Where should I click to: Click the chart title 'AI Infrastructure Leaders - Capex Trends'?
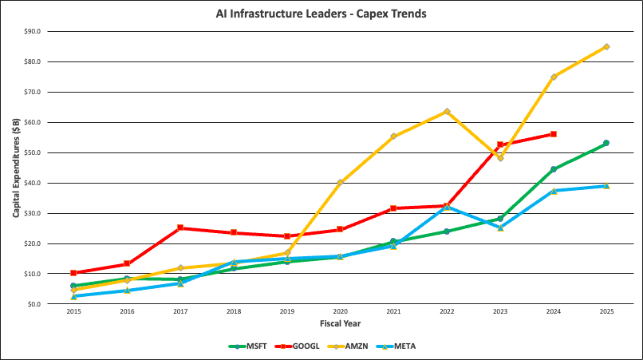pyautogui.click(x=321, y=14)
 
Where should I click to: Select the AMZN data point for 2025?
pyautogui.click(x=606, y=46)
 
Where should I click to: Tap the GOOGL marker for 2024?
pyautogui.click(x=553, y=134)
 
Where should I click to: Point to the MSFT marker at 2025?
pyautogui.click(x=606, y=143)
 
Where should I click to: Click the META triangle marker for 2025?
pyautogui.click(x=606, y=185)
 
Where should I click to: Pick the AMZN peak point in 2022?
pyautogui.click(x=447, y=111)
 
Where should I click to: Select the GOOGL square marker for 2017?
pyautogui.click(x=180, y=227)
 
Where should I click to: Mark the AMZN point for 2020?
pyautogui.click(x=340, y=182)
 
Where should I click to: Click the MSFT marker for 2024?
pyautogui.click(x=553, y=169)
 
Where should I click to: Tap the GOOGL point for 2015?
pyautogui.click(x=73, y=273)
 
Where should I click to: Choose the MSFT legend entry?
pyautogui.click(x=249, y=346)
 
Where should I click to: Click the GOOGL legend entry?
pyautogui.click(x=299, y=346)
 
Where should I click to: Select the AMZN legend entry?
pyautogui.click(x=352, y=346)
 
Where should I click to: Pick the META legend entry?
pyautogui.click(x=401, y=346)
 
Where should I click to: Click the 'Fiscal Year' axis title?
pyautogui.click(x=339, y=324)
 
